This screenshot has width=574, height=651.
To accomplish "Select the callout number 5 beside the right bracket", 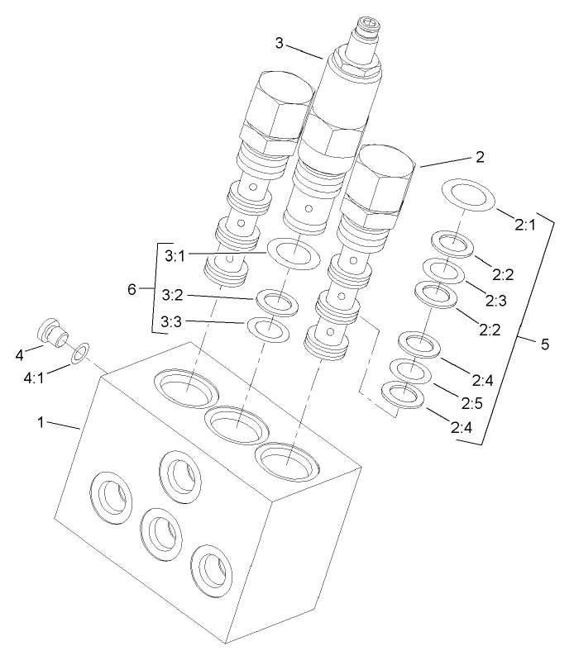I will [544, 344].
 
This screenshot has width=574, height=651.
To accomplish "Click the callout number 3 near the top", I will [281, 43].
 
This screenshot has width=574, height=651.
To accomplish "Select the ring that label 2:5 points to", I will [410, 371].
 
